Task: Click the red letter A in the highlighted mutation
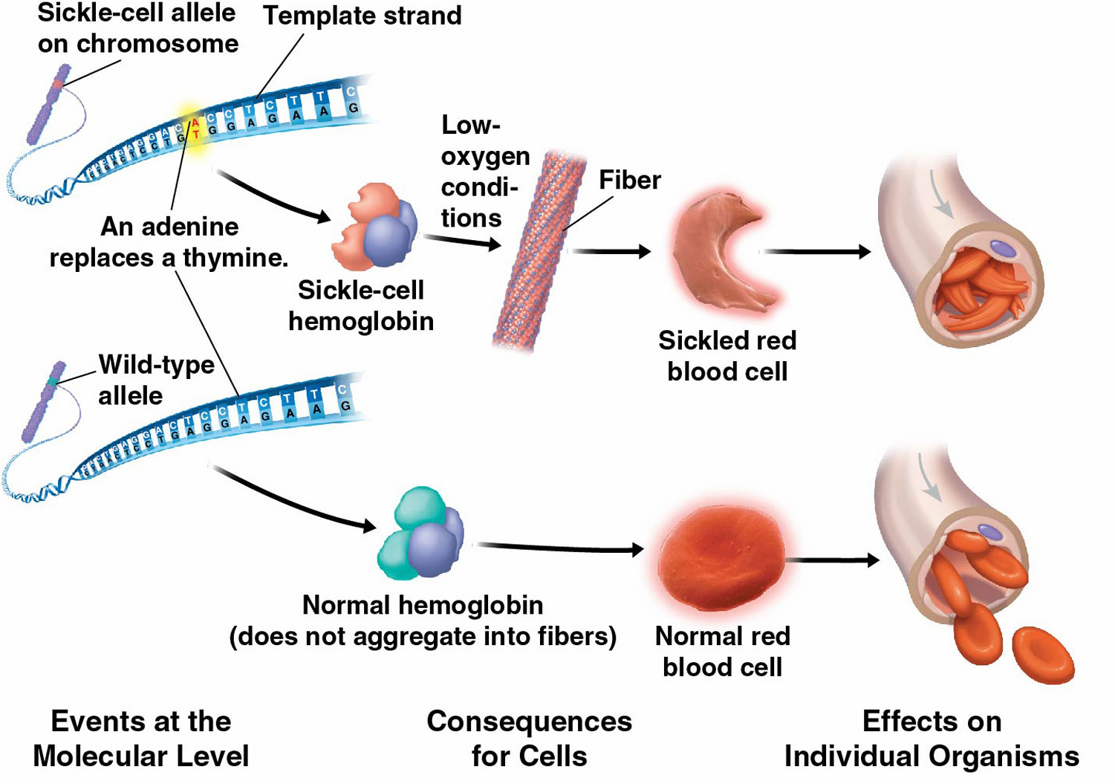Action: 195,123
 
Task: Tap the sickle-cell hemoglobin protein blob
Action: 375,227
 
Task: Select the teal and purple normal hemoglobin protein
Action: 420,535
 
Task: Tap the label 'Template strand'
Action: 362,16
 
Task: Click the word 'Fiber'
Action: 629,180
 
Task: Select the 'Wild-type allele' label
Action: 155,380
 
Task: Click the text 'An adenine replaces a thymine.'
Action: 169,242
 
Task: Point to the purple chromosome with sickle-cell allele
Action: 49,104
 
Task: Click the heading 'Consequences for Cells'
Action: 529,739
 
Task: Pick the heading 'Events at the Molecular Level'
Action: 140,739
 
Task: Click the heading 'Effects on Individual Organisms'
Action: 932,739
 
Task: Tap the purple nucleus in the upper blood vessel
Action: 1003,247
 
